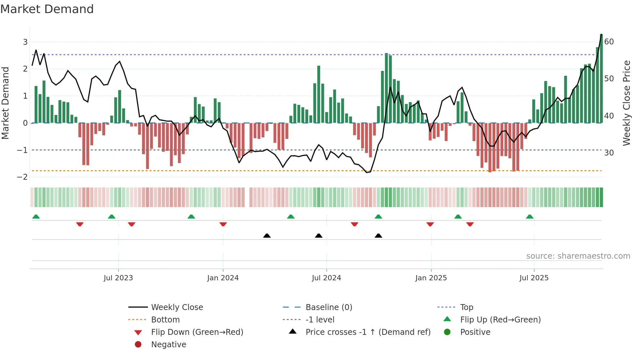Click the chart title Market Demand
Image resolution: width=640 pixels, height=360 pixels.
[x=47, y=9]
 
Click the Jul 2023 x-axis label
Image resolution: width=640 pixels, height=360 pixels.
[x=118, y=278]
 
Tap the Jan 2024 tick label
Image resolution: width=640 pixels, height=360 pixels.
[x=223, y=278]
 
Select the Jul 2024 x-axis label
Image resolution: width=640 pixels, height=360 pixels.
[x=326, y=278]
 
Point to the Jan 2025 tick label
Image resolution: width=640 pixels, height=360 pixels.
[x=431, y=278]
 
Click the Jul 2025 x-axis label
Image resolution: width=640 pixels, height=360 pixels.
[x=534, y=278]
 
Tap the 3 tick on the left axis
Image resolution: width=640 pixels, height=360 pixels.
[x=25, y=42]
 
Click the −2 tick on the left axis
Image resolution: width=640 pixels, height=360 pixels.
[x=23, y=177]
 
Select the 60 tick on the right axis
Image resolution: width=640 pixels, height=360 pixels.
[x=609, y=42]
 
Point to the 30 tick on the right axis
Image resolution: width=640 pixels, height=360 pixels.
[x=609, y=153]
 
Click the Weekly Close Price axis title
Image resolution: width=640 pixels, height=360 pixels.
[x=626, y=103]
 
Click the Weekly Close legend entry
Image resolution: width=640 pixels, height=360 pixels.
[x=177, y=307]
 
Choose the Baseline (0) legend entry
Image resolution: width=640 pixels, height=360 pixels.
[x=328, y=307]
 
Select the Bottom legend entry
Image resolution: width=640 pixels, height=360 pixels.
[x=165, y=320]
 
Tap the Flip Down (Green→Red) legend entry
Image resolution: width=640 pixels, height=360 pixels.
[x=197, y=332]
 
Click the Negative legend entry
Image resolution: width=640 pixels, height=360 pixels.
[x=168, y=345]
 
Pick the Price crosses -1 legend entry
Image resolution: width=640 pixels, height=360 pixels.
[x=368, y=332]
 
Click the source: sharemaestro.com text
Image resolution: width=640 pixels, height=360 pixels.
[x=578, y=256]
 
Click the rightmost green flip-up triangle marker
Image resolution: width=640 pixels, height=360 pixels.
[x=530, y=217]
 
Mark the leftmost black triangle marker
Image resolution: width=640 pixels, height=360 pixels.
[x=267, y=236]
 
